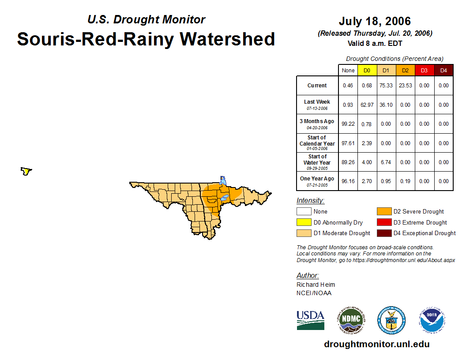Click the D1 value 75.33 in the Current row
386,86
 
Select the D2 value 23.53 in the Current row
405,86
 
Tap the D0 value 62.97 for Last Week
367,105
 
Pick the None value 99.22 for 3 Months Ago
348,124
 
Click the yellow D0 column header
367,70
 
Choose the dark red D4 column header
443,70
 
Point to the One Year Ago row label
317,179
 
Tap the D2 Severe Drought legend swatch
383,211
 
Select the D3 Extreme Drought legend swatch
383,222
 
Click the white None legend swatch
304,211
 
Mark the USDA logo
310,320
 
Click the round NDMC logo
351,320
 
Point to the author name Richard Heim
316,285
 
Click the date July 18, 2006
375,21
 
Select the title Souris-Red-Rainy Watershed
146,39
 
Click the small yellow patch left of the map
26,171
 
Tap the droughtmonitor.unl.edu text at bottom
376,344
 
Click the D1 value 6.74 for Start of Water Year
386,162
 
